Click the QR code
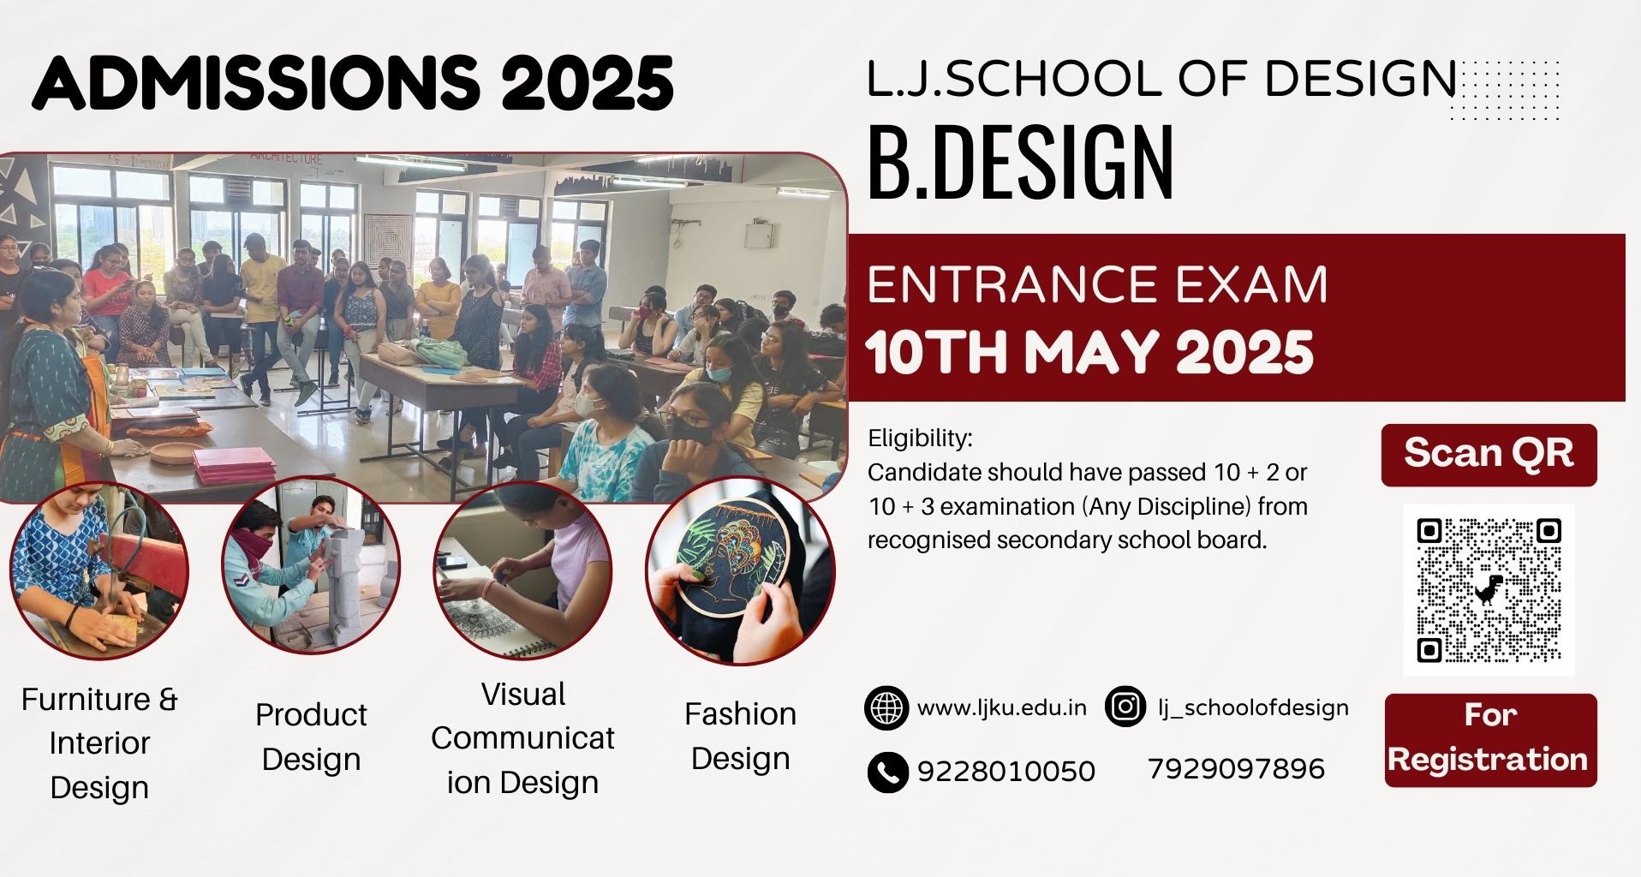point(1488,590)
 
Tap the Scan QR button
point(1489,455)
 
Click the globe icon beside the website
point(886,707)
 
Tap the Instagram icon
point(1125,707)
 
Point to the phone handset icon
point(887,772)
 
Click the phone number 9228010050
point(1006,772)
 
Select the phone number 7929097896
point(1236,769)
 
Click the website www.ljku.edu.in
point(1002,708)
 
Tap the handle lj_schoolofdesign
point(1253,708)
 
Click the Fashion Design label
point(740,736)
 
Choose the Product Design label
point(311,737)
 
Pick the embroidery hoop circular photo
point(740,573)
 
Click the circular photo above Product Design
point(311,566)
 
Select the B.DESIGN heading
point(1021,164)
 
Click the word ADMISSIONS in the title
point(256,83)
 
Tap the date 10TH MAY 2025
point(1089,352)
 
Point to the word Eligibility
point(920,439)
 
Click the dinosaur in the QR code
point(1489,589)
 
